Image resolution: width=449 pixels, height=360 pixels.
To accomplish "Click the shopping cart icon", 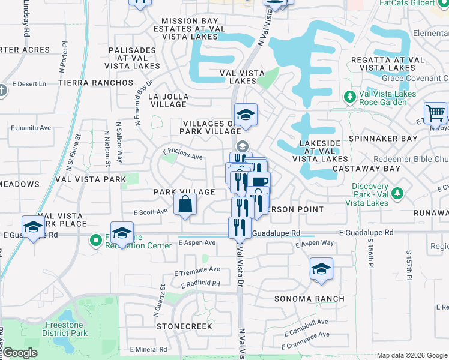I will [435, 113].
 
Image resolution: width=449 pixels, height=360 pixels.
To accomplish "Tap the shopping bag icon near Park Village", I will [185, 204].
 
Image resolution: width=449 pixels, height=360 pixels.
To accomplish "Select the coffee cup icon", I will [259, 182].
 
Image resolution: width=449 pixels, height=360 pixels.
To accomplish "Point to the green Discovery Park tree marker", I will [397, 193].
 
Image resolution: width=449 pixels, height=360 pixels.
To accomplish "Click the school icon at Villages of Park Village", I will [245, 114].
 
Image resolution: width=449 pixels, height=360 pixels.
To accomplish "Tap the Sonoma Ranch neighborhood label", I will [309, 299].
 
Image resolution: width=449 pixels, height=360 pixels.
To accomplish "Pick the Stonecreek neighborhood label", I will [184, 326].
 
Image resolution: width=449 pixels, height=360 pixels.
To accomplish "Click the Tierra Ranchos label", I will [96, 82].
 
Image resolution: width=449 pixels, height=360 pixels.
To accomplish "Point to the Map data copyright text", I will [411, 355].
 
